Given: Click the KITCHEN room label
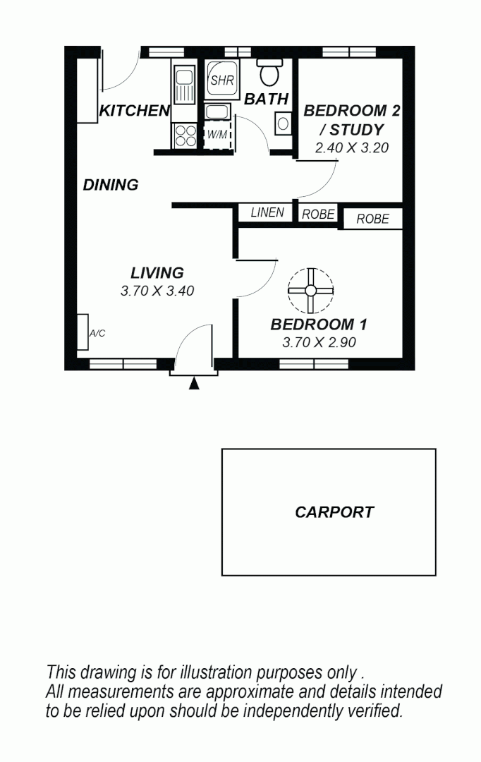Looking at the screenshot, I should (x=134, y=111).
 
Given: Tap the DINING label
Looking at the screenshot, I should (x=111, y=186).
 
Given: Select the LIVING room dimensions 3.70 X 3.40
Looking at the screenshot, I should (x=157, y=291).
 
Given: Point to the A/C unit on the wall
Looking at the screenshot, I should (x=83, y=332).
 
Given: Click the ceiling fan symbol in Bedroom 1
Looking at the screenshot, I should (x=310, y=290).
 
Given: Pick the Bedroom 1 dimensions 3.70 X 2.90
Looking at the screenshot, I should (x=319, y=343).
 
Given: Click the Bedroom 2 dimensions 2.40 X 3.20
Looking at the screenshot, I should (x=352, y=148).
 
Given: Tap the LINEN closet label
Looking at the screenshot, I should (x=267, y=212).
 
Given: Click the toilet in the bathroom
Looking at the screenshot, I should (x=269, y=72).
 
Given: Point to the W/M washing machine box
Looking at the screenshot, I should (x=217, y=135).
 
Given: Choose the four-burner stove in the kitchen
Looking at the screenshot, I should (x=185, y=135).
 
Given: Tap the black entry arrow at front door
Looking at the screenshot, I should (x=194, y=383).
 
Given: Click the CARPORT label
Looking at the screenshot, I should (x=334, y=513).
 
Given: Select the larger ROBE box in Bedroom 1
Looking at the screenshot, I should (x=372, y=219).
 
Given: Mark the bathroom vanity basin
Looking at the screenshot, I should (x=283, y=123).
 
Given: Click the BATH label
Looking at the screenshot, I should (x=266, y=99).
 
